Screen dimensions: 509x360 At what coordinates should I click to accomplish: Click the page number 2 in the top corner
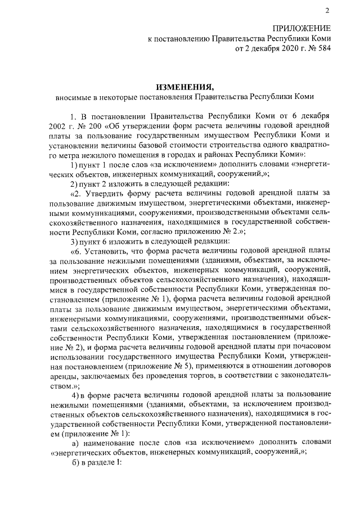coord(326,11)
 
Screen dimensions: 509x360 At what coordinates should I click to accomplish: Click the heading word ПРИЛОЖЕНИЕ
coord(301,28)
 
